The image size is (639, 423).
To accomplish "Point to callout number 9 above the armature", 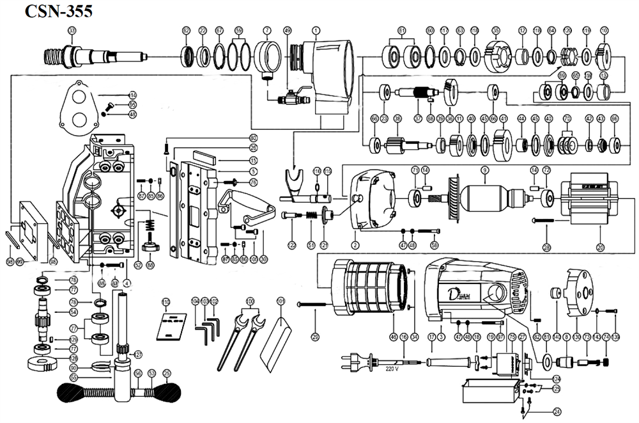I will tap(485, 170).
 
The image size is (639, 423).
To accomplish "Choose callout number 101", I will tap(280, 301).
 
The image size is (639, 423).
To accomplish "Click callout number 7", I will tap(267, 31).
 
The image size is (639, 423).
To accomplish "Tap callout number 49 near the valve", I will tap(287, 31).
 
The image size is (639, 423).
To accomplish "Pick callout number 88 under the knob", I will tap(151, 264).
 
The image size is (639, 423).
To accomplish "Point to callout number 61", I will tap(402, 31).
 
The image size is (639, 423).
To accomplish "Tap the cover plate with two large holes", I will tap(79, 107).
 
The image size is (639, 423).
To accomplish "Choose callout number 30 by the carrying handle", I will tap(263, 259).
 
